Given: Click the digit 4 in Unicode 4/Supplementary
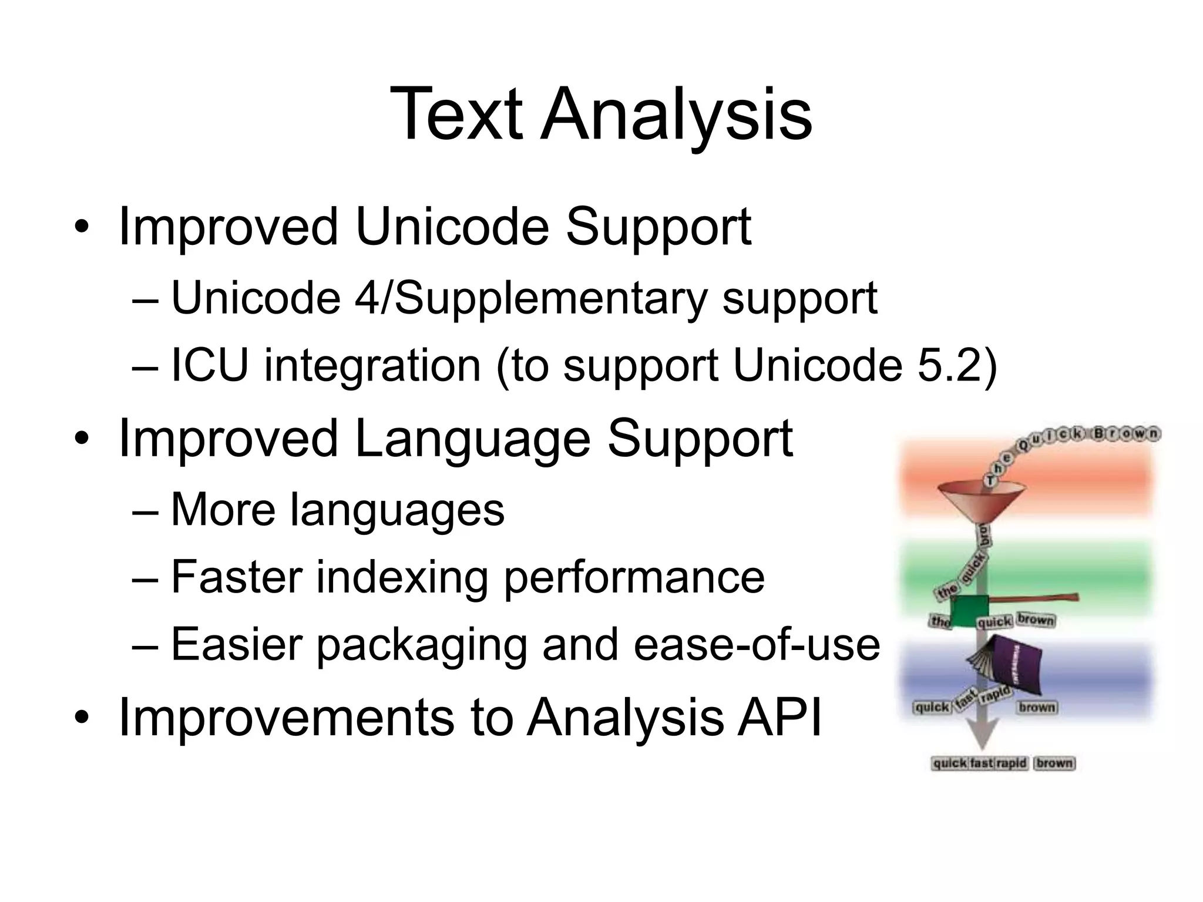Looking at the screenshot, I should [366, 298].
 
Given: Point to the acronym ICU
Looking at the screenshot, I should [209, 365].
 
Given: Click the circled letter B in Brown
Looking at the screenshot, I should [1100, 434].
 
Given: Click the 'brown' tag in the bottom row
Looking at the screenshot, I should [1054, 763].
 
